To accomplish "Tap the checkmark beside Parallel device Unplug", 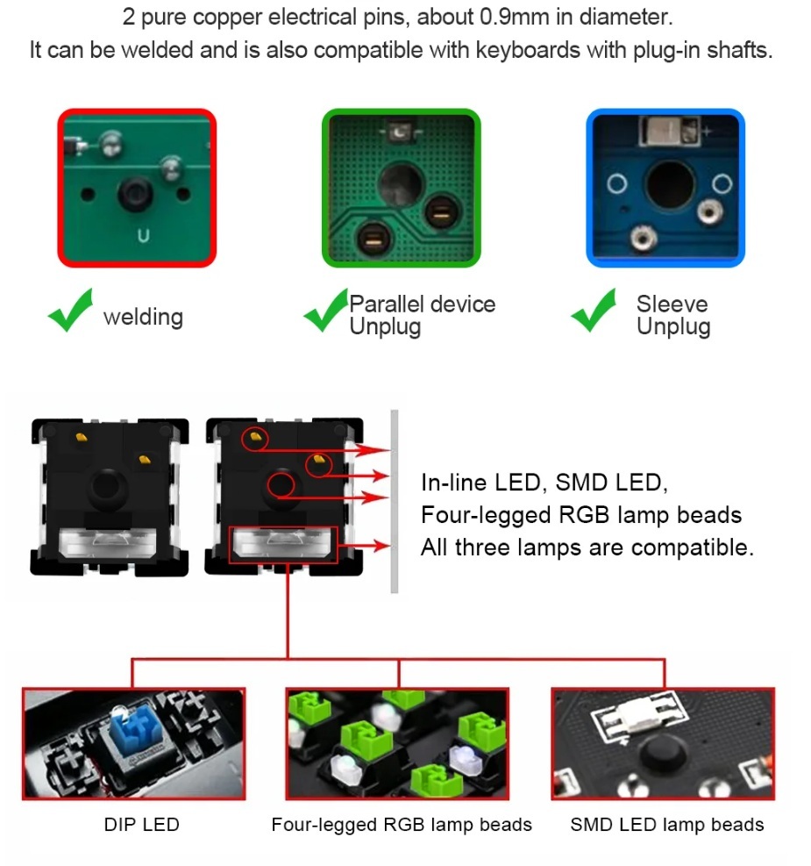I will [x=324, y=313].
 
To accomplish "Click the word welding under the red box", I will [x=143, y=317].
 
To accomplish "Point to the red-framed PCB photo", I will [x=137, y=188].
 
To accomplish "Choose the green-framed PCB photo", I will [x=401, y=188].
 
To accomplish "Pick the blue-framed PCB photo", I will [x=665, y=188].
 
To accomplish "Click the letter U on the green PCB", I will [x=143, y=235].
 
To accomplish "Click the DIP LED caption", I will [x=141, y=825].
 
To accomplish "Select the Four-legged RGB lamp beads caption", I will [x=402, y=825].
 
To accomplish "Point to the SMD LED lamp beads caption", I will [x=666, y=825].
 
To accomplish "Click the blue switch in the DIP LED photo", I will [x=130, y=741].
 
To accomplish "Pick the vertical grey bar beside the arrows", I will [x=395, y=501].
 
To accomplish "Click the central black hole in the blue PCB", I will [x=669, y=187].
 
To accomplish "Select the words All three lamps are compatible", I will [x=587, y=548].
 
